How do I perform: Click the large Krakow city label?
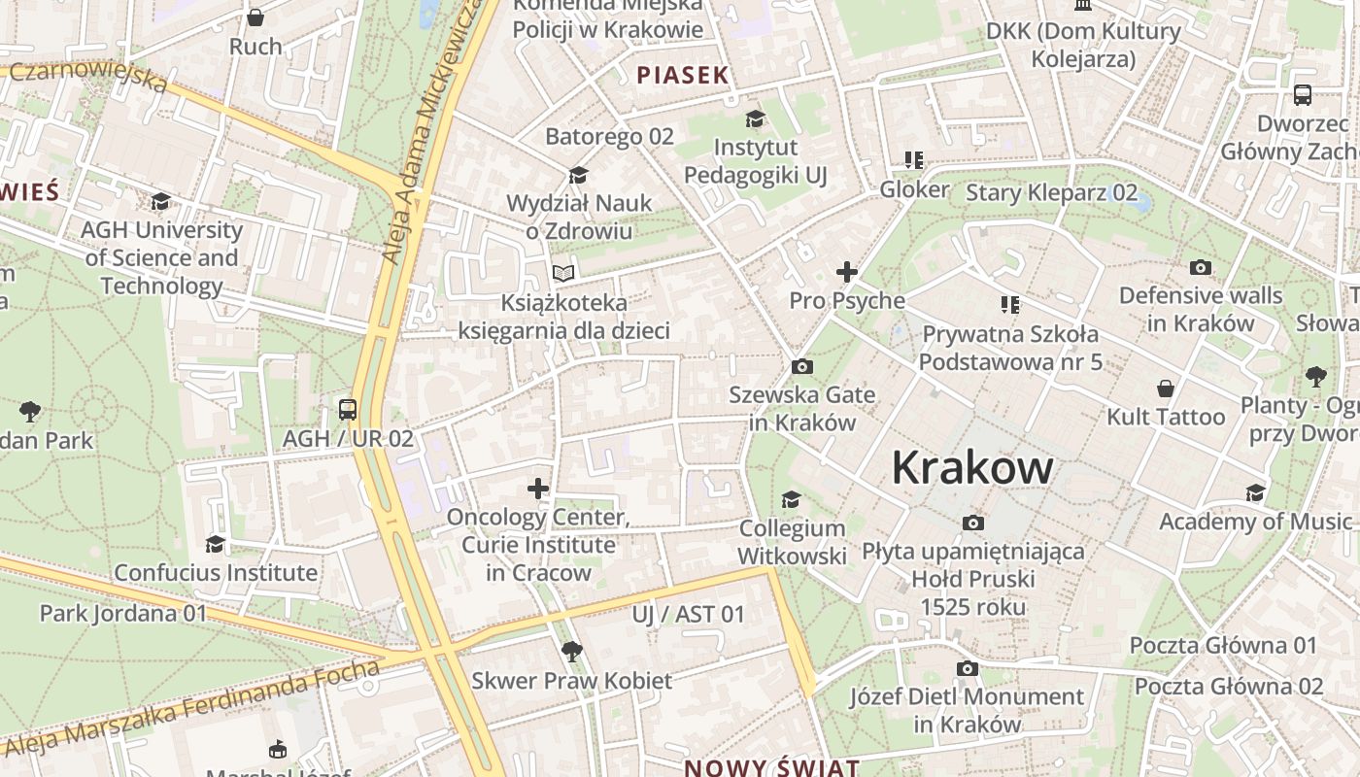click(x=972, y=467)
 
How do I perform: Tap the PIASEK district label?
click(x=682, y=75)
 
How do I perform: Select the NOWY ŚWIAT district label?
click(x=772, y=767)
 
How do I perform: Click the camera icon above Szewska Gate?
click(x=802, y=366)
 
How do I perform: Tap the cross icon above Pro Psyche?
click(x=847, y=272)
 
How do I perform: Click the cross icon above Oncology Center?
click(x=538, y=488)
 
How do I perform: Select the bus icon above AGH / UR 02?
click(x=348, y=410)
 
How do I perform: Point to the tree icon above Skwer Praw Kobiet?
click(x=572, y=651)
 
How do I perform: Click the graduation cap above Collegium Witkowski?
click(x=792, y=499)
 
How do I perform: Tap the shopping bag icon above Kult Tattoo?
click(x=1166, y=388)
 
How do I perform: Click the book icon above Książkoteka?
click(x=563, y=273)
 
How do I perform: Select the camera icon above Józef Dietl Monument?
click(x=967, y=668)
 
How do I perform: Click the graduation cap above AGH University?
click(x=161, y=201)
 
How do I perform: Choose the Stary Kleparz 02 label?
click(x=1051, y=192)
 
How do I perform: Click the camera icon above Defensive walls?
click(x=1201, y=267)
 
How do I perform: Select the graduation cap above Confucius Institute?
click(x=215, y=544)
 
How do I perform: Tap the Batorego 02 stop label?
click(x=609, y=136)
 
